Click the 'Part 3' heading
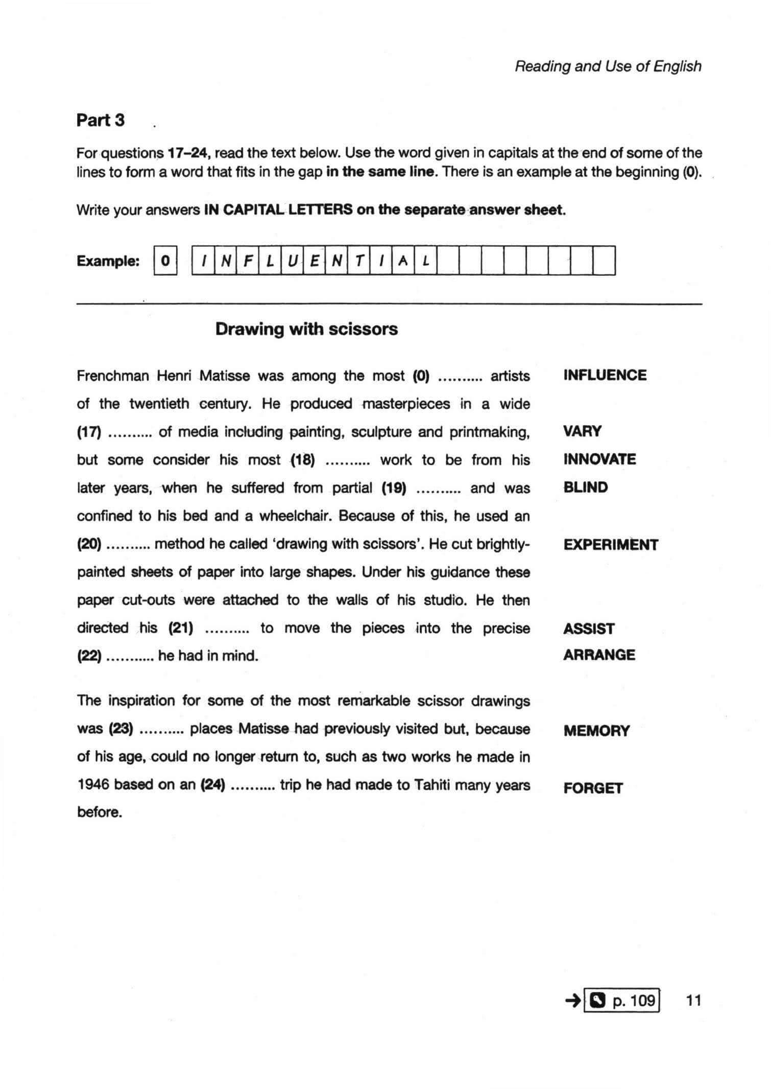click(100, 121)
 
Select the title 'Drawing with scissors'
click(306, 329)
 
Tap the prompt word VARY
click(582, 431)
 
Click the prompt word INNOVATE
click(599, 459)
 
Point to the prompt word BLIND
click(586, 488)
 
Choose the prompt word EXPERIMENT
click(611, 545)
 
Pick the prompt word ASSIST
click(589, 629)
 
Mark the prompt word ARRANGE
click(599, 655)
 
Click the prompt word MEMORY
click(596, 731)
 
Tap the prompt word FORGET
click(593, 788)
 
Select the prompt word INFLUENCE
click(605, 376)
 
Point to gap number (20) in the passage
click(89, 544)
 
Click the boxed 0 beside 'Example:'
click(165, 261)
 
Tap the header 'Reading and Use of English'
click(608, 66)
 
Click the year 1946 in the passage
click(93, 785)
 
